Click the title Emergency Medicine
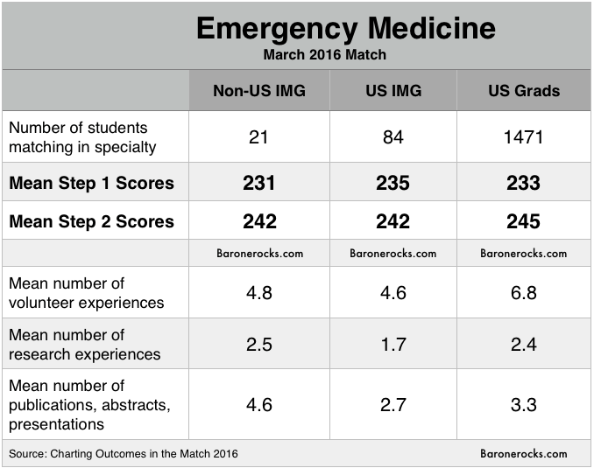345,28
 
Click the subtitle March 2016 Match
325,55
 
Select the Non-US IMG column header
259,91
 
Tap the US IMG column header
392,91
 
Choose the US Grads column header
523,91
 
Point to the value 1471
523,137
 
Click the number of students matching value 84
392,137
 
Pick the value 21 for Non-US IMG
259,137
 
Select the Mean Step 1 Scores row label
91,183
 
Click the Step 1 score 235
392,183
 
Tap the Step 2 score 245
523,221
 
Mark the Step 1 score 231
259,183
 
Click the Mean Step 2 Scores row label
91,221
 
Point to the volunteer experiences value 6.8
523,292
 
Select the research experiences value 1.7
392,344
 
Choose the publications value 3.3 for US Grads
523,404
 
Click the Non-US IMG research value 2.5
259,344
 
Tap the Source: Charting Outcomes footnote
123,453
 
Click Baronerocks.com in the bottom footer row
523,453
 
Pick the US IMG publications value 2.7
392,404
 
